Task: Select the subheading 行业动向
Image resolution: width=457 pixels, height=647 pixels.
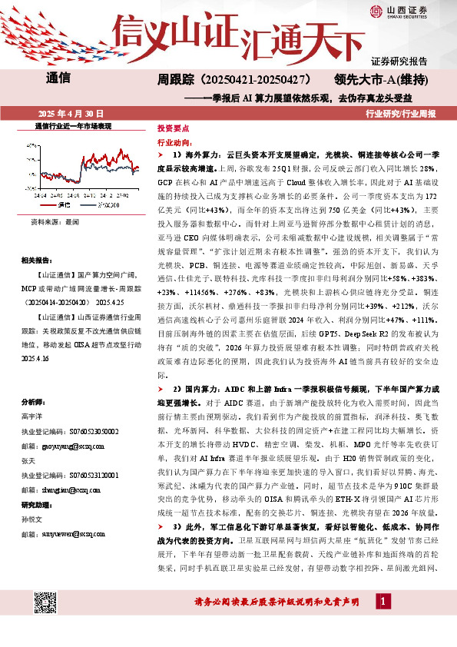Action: [172, 143]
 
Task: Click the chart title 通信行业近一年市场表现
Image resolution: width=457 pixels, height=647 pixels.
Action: [74, 125]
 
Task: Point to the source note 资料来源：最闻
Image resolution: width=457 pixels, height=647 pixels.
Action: [55, 221]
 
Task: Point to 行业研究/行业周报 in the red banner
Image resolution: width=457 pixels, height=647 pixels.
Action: [401, 113]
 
